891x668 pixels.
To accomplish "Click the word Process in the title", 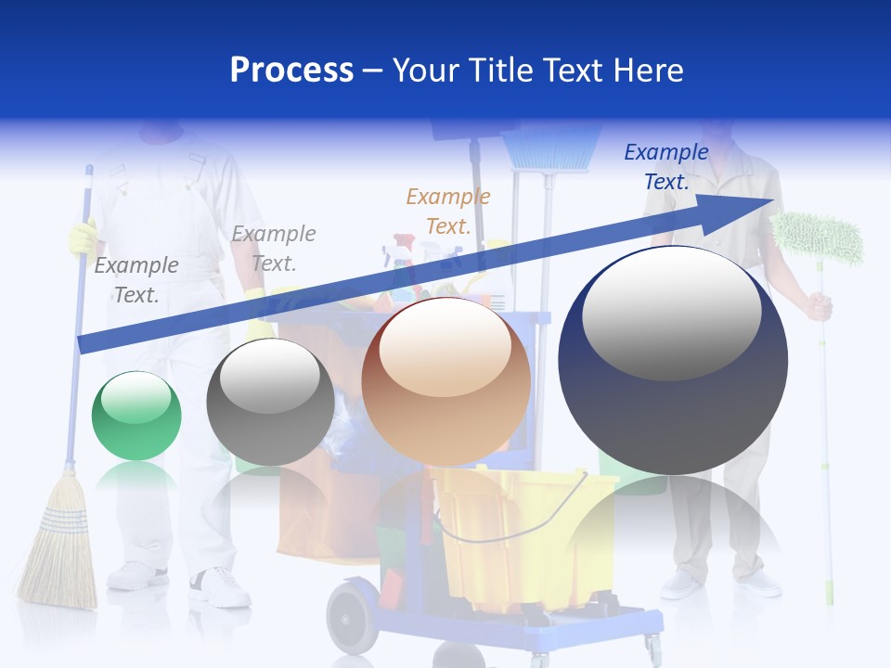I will pos(291,71).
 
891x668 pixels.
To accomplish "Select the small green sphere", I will pos(136,416).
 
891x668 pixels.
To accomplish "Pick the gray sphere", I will pos(270,402).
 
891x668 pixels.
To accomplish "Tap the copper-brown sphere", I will pos(445,381).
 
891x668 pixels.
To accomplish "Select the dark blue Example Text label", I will pos(665,167).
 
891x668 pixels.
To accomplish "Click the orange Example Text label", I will pos(447,211).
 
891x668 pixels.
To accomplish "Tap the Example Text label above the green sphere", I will pos(136,279).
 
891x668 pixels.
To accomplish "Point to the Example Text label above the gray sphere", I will pos(273,248).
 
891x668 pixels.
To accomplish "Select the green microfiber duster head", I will pos(818,237).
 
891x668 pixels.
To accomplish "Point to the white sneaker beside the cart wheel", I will pos(220,586).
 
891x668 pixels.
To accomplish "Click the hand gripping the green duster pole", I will pos(818,306).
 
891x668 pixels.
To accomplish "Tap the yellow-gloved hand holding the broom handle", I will pos(83,237).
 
